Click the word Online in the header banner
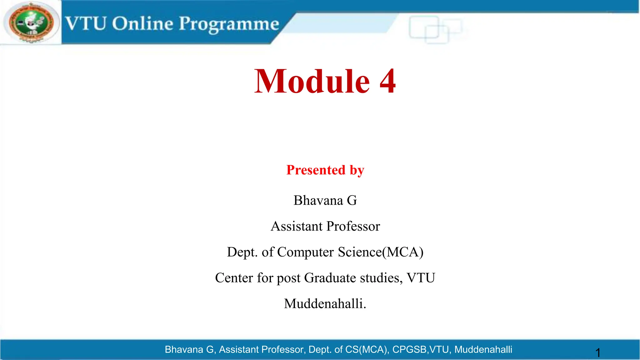(142, 23)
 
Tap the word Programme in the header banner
(229, 24)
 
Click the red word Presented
(316, 170)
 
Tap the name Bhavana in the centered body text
(318, 200)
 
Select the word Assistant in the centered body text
(297, 226)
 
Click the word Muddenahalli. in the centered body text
(325, 304)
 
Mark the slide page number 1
(598, 353)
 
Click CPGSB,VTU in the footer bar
(422, 349)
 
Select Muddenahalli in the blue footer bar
(483, 349)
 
